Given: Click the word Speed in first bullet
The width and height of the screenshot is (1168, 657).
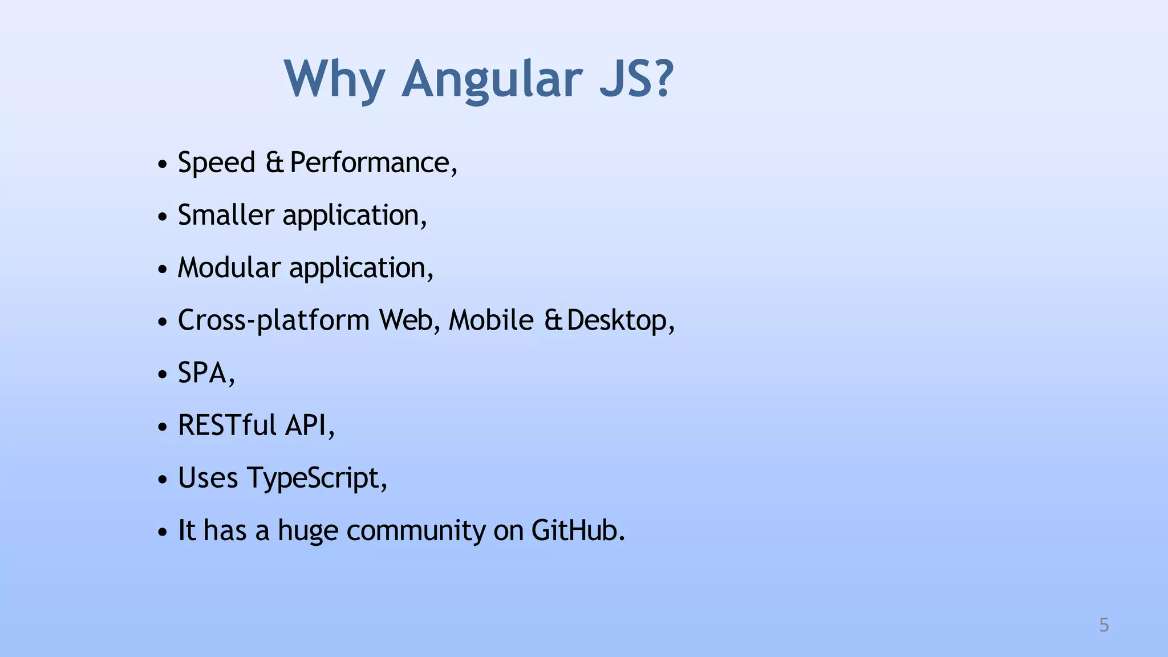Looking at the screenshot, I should coord(216,163).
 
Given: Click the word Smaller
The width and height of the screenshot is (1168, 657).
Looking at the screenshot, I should coord(226,216).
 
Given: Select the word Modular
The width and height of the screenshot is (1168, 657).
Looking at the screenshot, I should coord(229,268).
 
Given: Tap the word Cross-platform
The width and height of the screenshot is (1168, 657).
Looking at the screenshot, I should coord(274,321).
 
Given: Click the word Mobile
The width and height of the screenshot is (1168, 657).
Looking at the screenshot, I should coord(491,321).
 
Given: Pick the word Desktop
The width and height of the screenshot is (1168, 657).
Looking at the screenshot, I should coord(617,321).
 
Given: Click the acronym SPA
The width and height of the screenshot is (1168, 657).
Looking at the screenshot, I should coord(202,373).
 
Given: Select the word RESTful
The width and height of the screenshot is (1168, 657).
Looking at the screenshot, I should coord(227,425).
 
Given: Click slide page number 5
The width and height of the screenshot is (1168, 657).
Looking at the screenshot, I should coord(1104,625).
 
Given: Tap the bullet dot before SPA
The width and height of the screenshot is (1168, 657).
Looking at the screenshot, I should coord(163,375).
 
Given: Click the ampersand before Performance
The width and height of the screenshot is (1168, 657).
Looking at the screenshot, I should coord(274,163).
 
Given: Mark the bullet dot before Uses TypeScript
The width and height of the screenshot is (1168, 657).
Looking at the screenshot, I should coord(163,480).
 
